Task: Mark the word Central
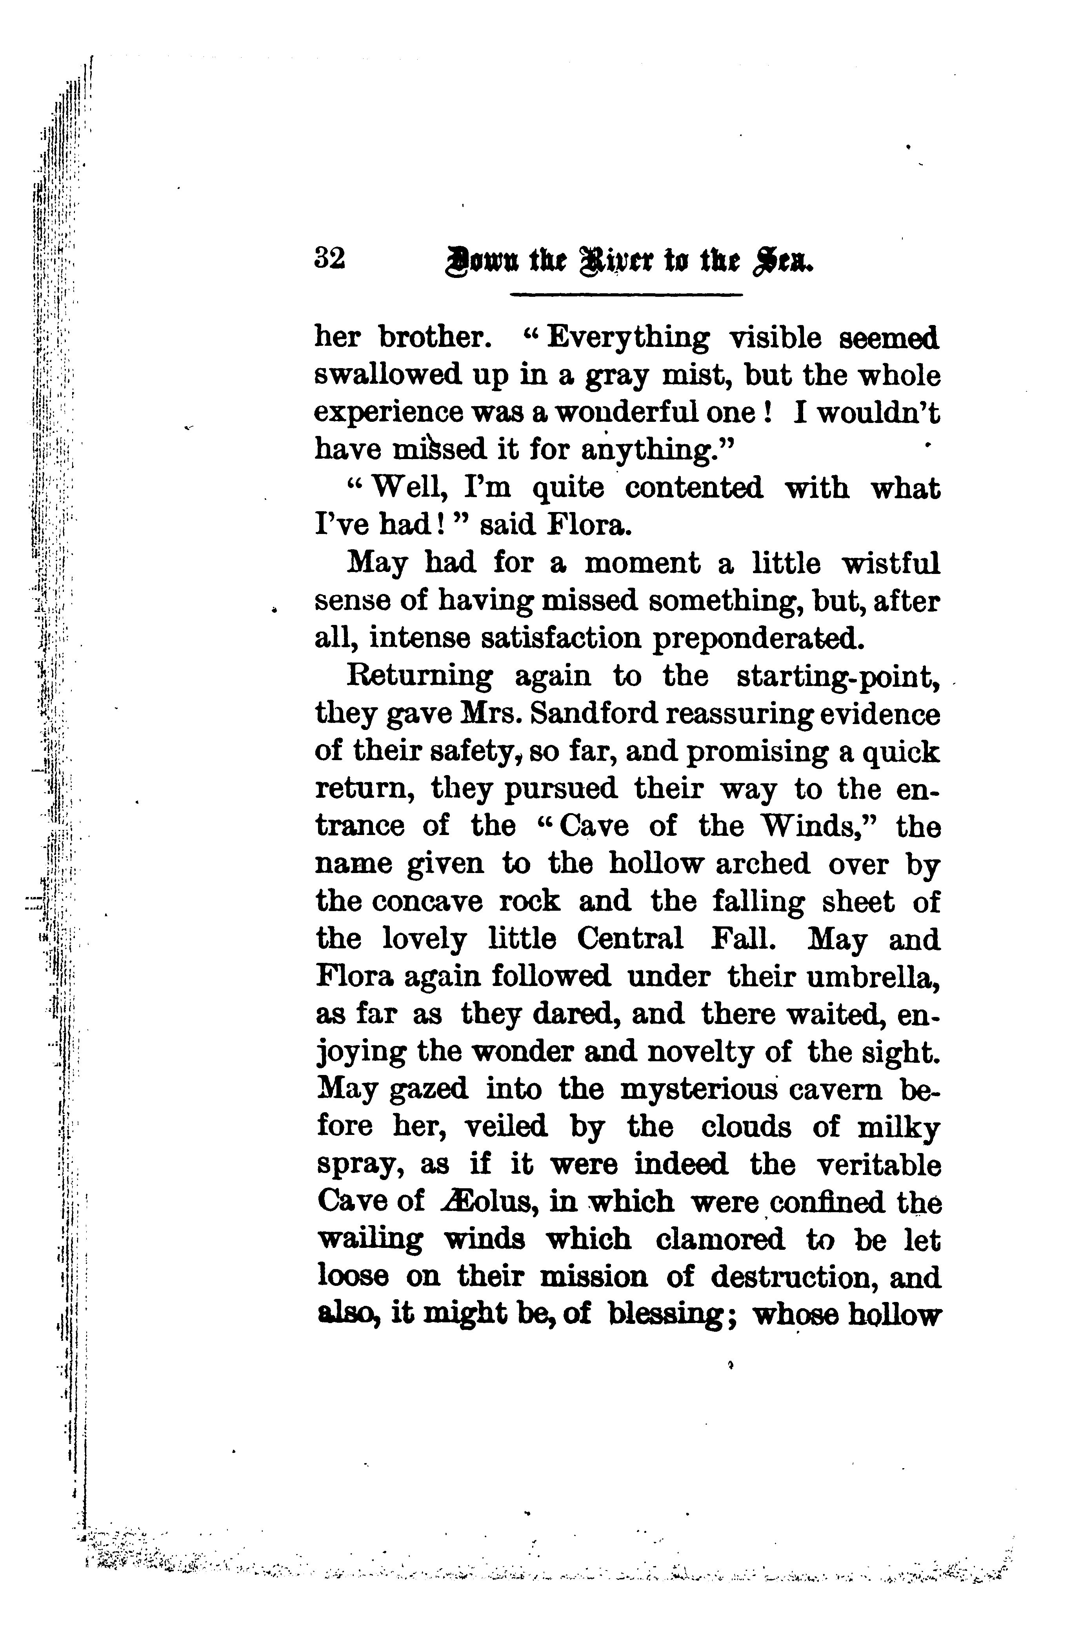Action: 629,939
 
